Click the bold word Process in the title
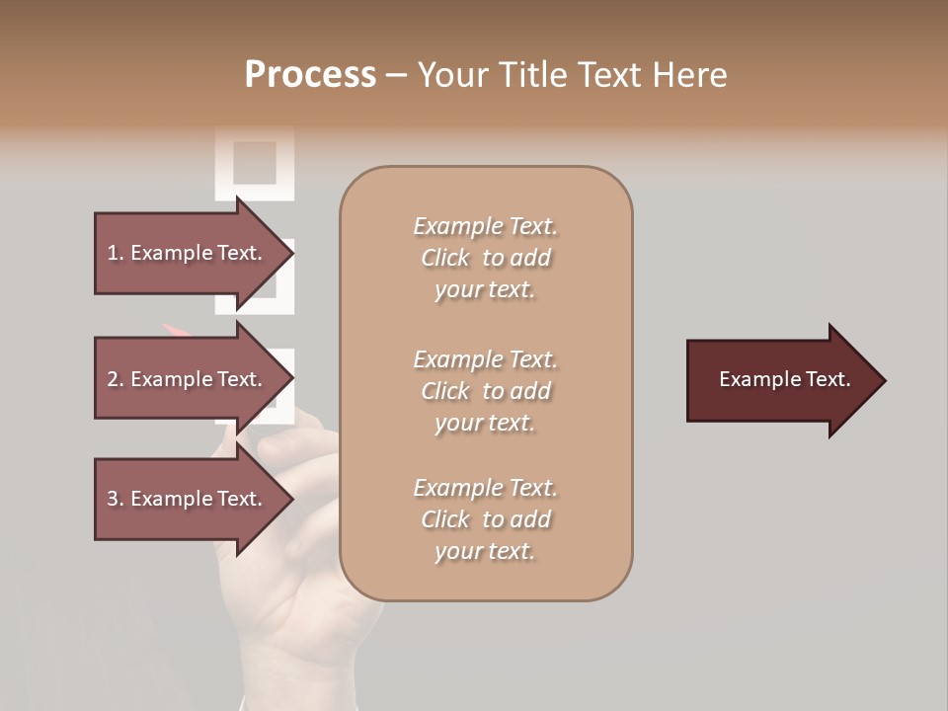310,75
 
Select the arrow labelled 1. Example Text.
188,253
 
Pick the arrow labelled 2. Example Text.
188,379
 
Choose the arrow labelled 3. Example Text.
188,499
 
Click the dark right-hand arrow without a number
780,380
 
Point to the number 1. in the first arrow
116,253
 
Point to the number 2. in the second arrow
116,379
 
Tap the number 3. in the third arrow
116,499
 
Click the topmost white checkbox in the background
255,162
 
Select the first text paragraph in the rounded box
485,258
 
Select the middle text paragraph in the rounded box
485,391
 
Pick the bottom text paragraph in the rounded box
485,519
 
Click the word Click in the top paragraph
445,259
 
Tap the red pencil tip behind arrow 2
170,328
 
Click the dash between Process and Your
397,76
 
